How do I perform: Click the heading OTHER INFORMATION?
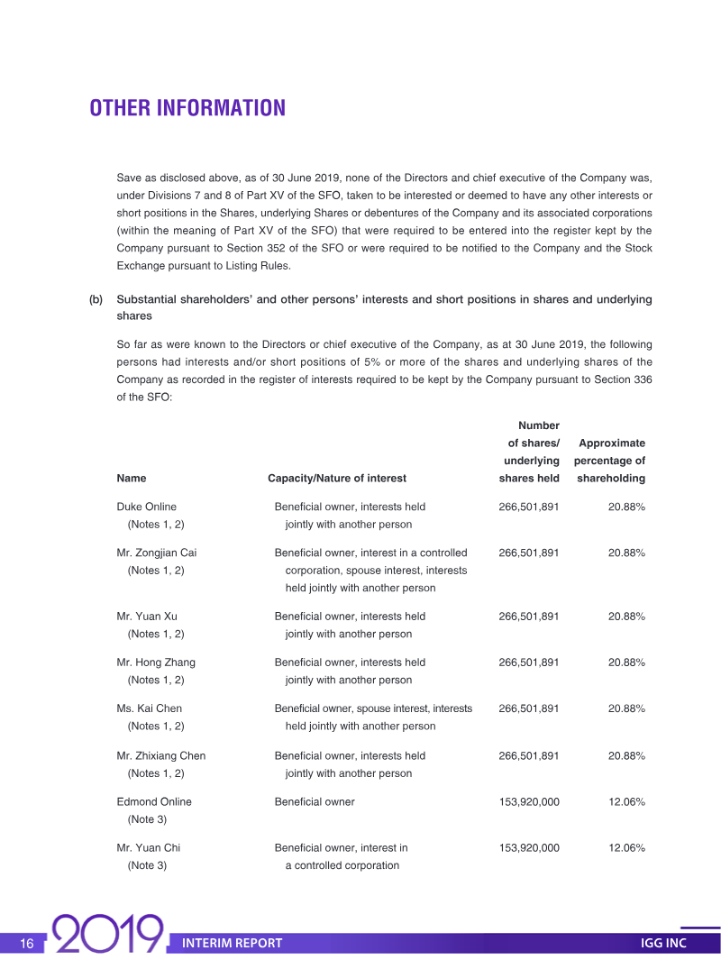(x=187, y=108)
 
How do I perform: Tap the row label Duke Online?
(x=147, y=507)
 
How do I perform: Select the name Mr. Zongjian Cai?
(x=158, y=553)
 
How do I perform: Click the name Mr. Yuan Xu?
(x=147, y=617)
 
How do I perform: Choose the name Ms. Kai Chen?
(x=150, y=708)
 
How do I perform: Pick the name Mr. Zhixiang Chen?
(x=161, y=755)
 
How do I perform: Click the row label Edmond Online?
(x=154, y=801)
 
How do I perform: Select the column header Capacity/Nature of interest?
(x=337, y=479)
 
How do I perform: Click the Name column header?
(x=132, y=479)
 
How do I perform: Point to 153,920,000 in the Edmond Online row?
(x=529, y=801)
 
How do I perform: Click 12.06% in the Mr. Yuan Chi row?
(x=626, y=847)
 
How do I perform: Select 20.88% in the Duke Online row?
(x=626, y=507)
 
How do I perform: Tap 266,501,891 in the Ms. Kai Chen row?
(x=529, y=708)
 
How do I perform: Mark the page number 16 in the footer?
(x=27, y=944)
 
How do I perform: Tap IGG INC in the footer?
(x=663, y=944)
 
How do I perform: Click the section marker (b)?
(x=96, y=299)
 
